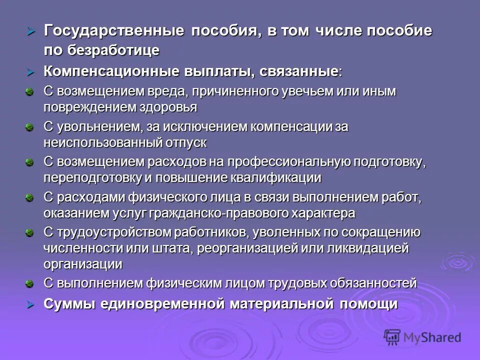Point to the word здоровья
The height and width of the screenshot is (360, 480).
click(x=168, y=107)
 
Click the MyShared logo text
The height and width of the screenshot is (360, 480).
click(x=432, y=337)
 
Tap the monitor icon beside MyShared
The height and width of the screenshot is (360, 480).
click(x=392, y=338)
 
